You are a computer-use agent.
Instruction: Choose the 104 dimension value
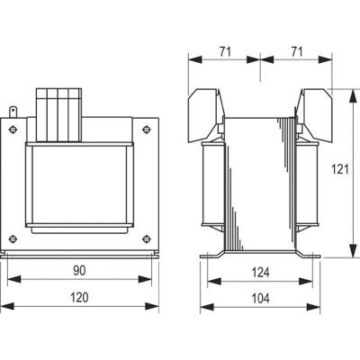(259, 297)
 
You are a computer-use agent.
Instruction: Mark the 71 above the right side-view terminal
(294, 52)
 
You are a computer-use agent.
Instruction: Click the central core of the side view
(259, 184)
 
